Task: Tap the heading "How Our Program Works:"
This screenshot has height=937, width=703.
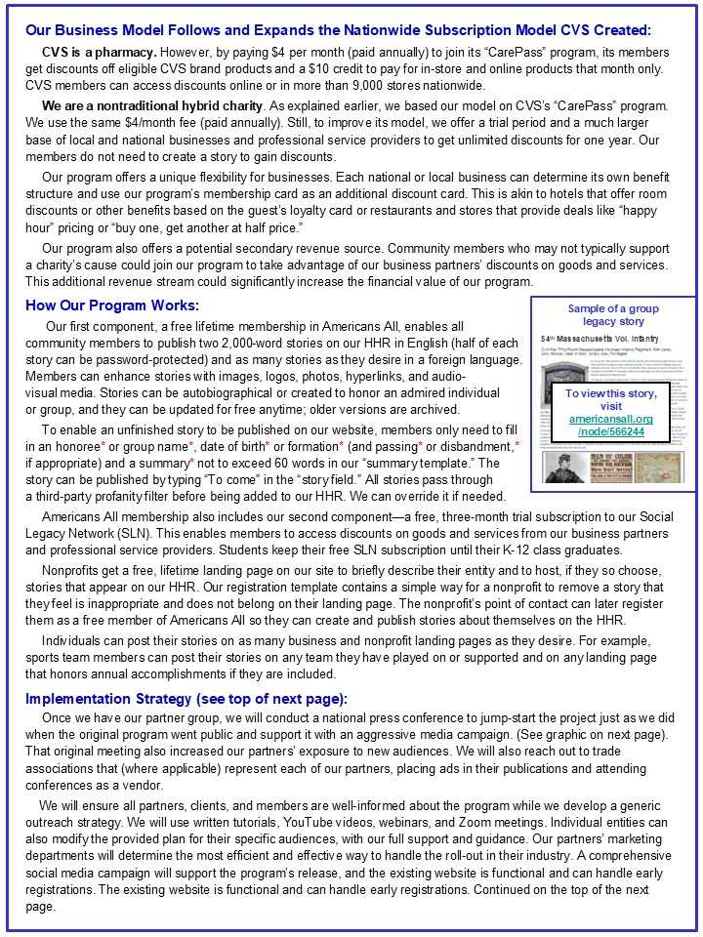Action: click(x=112, y=306)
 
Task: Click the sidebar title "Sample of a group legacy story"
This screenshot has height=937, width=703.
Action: click(x=613, y=314)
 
